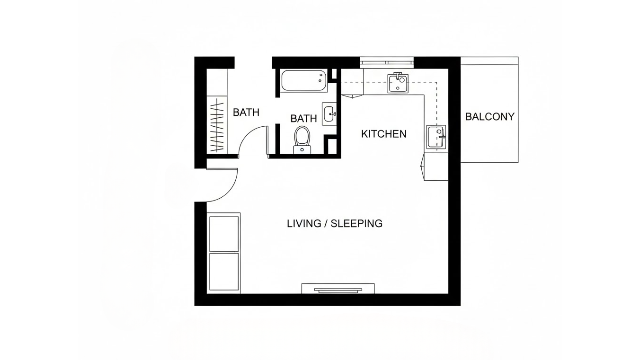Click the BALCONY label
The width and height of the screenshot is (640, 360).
click(x=489, y=117)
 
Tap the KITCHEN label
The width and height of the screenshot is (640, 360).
click(x=384, y=134)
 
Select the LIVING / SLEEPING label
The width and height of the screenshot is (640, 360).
click(x=334, y=223)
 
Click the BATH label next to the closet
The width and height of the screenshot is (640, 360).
click(x=246, y=113)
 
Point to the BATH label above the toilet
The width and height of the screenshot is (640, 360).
click(x=303, y=119)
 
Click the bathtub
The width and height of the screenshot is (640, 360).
click(x=303, y=80)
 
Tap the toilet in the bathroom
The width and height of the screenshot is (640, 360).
click(x=302, y=139)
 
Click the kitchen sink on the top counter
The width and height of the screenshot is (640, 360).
click(x=398, y=83)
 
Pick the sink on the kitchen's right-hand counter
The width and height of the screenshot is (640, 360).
click(x=436, y=137)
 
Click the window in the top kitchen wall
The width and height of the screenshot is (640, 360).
click(x=387, y=62)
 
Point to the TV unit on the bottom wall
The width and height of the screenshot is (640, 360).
click(x=338, y=289)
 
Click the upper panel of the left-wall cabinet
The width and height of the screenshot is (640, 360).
click(x=224, y=234)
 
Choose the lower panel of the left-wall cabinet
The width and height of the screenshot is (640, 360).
click(x=224, y=272)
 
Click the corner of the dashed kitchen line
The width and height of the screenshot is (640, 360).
click(x=436, y=82)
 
